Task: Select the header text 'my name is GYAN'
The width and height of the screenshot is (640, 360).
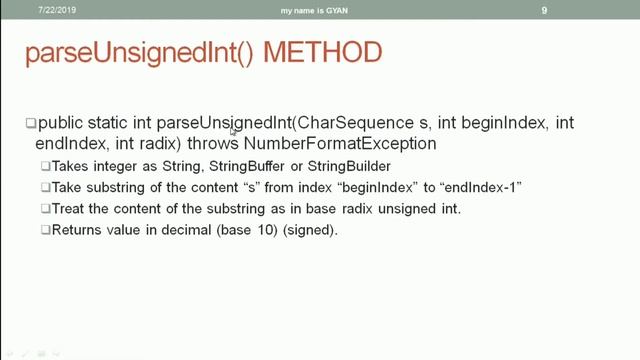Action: [x=320, y=9]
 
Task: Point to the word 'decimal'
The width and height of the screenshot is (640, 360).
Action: [x=183, y=231]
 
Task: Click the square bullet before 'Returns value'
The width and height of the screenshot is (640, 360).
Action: [x=46, y=231]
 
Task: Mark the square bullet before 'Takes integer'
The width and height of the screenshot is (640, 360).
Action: [x=46, y=165]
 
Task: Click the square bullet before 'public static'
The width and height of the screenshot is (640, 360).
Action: [x=30, y=124]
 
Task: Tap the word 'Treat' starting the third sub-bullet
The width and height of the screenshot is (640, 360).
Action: [x=68, y=209]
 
